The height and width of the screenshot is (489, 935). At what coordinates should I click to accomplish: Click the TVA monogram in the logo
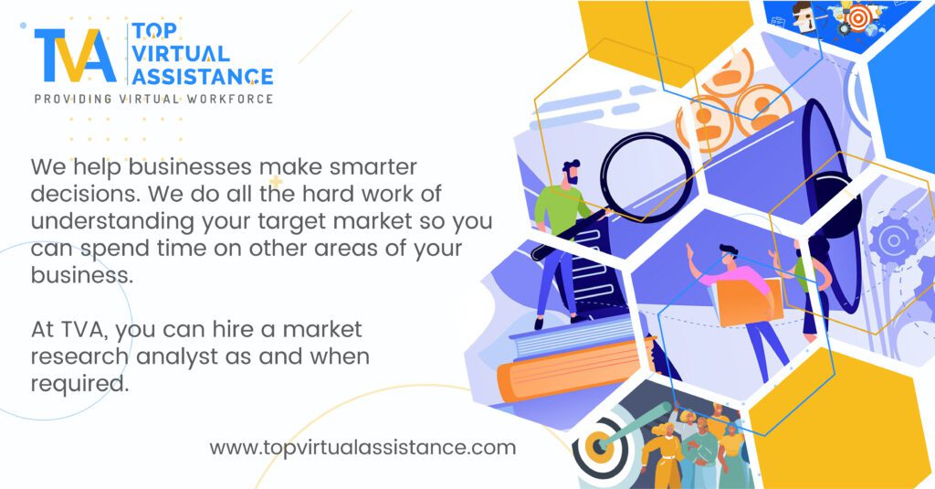(75, 55)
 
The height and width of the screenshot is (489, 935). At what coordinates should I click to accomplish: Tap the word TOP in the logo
(153, 31)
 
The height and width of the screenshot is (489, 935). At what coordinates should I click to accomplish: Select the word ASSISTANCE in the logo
(202, 76)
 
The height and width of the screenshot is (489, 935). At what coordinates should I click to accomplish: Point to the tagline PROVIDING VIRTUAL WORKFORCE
(153, 99)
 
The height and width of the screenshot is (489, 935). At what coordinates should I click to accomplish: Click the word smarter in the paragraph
(373, 166)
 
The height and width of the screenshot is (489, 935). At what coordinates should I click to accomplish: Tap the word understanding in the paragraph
(112, 222)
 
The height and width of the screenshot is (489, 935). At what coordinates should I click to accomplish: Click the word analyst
(176, 357)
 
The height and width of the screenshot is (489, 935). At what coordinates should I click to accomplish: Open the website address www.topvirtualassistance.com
(362, 448)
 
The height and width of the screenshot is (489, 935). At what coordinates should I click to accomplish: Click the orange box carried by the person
(750, 303)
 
